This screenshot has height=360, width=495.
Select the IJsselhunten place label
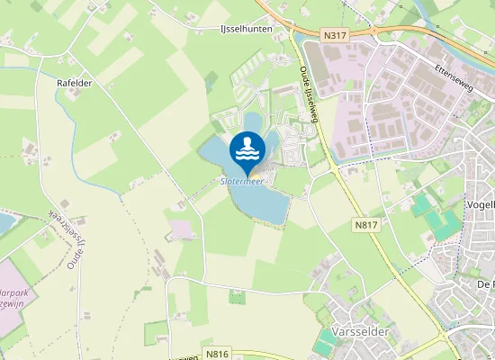247,30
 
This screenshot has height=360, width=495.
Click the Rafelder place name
75,83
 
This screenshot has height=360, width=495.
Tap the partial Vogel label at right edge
482,204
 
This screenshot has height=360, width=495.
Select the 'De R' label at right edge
484,284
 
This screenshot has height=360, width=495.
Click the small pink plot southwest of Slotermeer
182,229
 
